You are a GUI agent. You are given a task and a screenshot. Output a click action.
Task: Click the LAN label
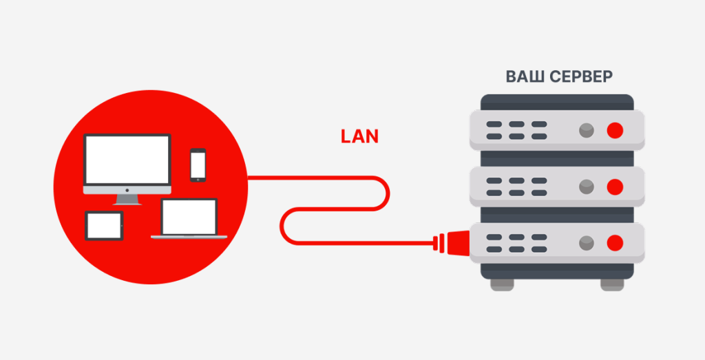coord(359,136)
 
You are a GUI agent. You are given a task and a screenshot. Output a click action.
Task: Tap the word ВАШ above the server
coord(525,76)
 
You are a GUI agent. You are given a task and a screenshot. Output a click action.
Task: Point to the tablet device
coord(104,226)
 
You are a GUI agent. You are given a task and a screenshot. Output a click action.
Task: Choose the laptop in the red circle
coord(189,219)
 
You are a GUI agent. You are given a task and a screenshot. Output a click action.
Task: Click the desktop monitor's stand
coord(127,198)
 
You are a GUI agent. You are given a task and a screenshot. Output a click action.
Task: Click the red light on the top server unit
coord(614,131)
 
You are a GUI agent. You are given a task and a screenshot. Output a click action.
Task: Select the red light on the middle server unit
coord(614,186)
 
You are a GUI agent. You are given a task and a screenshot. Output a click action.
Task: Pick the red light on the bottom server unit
coord(614,242)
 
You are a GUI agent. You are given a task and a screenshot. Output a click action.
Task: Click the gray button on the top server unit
coord(586,131)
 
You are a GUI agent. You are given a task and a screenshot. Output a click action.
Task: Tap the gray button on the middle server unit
coord(586,186)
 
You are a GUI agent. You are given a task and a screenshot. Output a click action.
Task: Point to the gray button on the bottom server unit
coord(586,242)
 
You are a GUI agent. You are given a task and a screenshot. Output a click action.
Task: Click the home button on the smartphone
coord(198,179)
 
